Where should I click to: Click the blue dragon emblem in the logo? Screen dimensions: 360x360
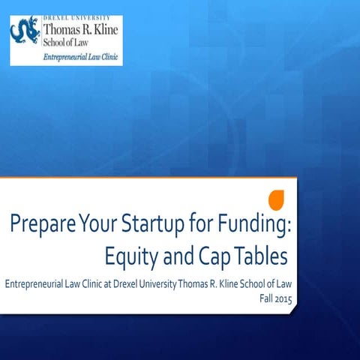click(27, 33)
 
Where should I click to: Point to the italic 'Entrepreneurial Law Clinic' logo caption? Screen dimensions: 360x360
click(83, 56)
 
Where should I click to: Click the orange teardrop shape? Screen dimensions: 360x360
click(277, 200)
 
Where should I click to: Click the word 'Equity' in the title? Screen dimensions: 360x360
click(129, 257)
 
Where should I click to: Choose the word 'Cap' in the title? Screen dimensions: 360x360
click(213, 257)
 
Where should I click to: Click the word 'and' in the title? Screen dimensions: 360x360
click(175, 257)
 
